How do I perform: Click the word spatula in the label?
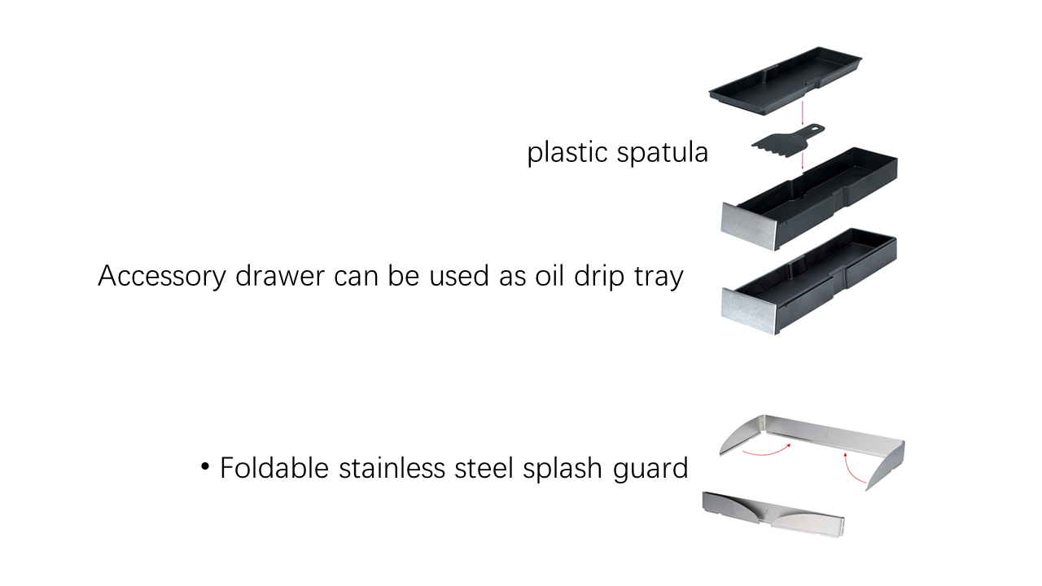click(663, 152)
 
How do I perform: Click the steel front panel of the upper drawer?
click(748, 226)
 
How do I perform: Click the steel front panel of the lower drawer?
click(749, 310)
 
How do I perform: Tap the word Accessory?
click(162, 276)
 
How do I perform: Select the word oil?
click(549, 275)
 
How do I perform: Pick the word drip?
click(599, 276)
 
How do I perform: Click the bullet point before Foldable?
click(205, 466)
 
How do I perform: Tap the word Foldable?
click(274, 467)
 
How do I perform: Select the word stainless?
click(392, 467)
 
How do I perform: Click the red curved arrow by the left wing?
click(768, 451)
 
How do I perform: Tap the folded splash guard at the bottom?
click(773, 514)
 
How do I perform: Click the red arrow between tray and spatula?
click(803, 113)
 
